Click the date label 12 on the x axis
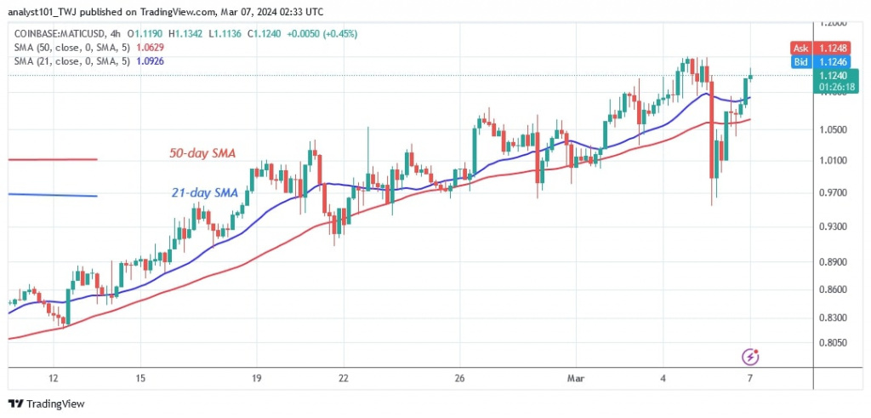click(x=54, y=378)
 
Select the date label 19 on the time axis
click(x=256, y=378)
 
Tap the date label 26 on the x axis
click(x=459, y=378)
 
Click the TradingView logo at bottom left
click(x=47, y=404)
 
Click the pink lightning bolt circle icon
click(x=750, y=356)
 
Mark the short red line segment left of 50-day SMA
click(x=52, y=159)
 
